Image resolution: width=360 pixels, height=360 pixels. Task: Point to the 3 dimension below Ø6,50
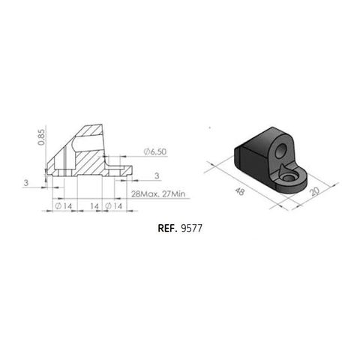click(x=157, y=175)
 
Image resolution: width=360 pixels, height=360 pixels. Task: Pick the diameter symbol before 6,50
click(x=143, y=151)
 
